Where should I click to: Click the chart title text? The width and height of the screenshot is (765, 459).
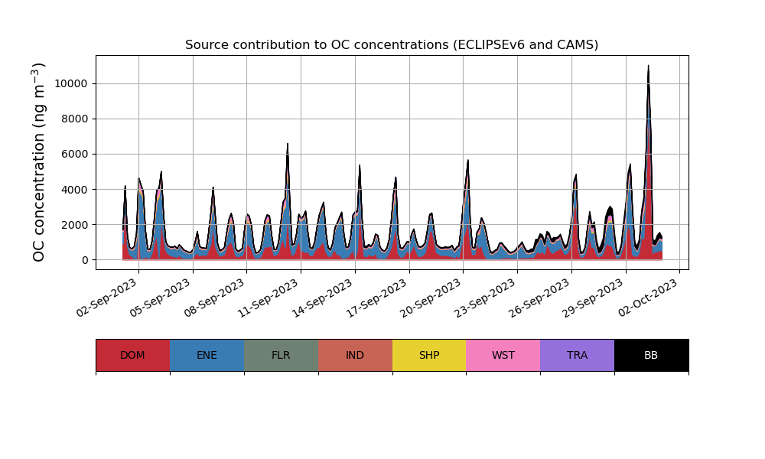point(392,45)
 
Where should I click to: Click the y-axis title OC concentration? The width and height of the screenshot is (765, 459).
point(39,162)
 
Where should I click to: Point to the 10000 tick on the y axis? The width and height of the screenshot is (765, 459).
point(70,83)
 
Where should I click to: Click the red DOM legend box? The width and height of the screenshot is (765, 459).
point(132,355)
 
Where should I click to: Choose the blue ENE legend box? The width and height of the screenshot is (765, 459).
point(207,355)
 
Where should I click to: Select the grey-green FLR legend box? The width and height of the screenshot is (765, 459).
point(281,355)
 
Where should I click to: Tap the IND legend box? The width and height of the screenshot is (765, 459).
point(355,355)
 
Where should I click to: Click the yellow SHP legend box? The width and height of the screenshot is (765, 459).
point(429,355)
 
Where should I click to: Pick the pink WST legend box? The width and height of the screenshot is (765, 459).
point(503,355)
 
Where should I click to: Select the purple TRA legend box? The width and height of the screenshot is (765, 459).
point(578,355)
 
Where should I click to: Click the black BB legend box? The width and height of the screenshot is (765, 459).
point(651,355)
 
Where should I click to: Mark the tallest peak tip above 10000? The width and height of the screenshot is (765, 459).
point(648,67)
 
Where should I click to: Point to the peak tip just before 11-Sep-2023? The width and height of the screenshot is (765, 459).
point(288,144)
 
